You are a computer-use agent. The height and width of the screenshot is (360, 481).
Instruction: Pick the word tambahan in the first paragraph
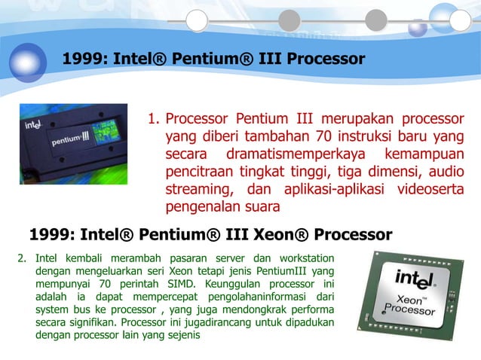tap(259, 136)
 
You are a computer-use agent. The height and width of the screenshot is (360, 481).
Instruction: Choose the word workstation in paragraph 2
tap(301, 260)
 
